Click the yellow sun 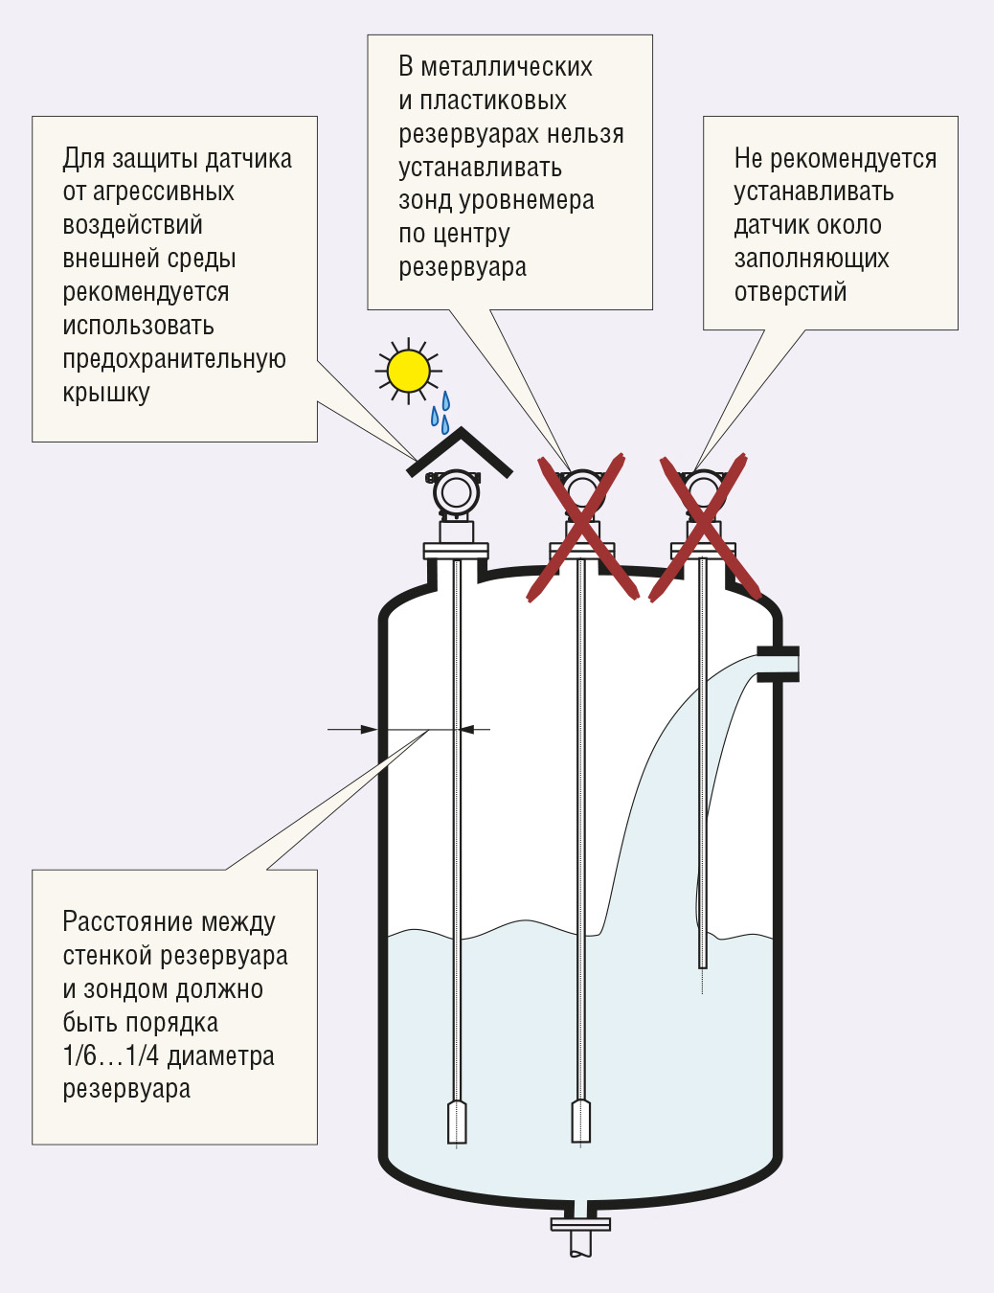[408, 371]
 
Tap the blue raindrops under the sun [441, 411]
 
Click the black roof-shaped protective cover [459, 453]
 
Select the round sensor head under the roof [456, 492]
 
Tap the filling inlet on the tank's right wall [778, 664]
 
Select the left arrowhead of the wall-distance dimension [369, 729]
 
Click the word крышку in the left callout [106, 394]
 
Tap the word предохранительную [174, 359]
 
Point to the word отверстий [790, 292]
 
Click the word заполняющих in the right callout [811, 260]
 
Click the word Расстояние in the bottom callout [127, 921]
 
